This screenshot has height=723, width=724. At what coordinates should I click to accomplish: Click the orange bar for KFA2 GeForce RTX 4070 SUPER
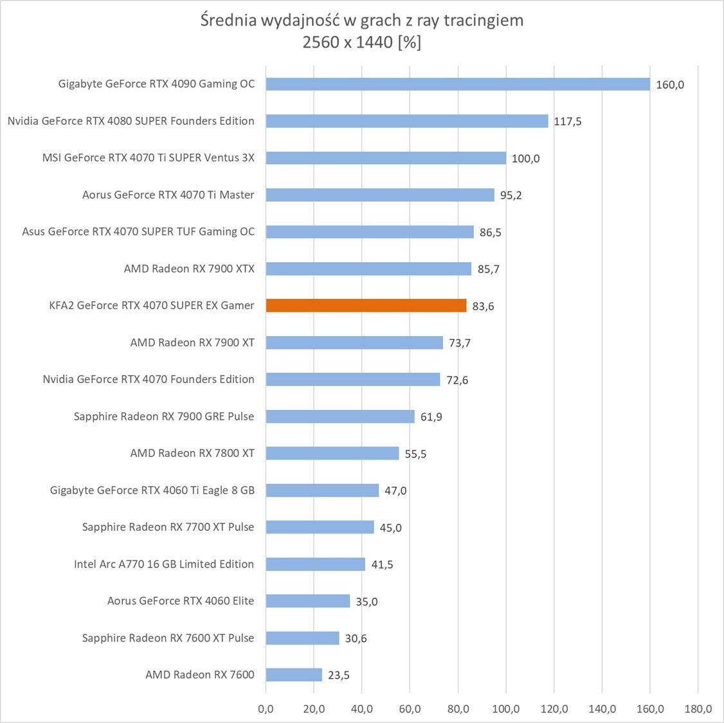[x=366, y=306]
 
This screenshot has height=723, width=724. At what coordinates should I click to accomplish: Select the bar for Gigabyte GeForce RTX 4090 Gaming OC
[x=458, y=84]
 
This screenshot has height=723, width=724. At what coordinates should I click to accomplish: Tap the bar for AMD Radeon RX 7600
[x=294, y=675]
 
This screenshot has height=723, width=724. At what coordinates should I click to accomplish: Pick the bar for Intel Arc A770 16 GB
[x=315, y=564]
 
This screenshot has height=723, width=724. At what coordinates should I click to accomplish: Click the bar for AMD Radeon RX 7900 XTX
[x=368, y=269]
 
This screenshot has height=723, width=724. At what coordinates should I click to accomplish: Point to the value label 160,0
[x=670, y=85]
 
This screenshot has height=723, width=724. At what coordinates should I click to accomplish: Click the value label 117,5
[x=568, y=121]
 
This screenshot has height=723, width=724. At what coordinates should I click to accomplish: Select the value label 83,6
[x=483, y=307]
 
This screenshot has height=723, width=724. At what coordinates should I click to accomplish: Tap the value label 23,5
[x=338, y=675]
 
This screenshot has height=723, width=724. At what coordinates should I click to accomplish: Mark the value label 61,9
[x=431, y=417]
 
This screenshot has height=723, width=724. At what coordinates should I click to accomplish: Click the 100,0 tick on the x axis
[x=506, y=709]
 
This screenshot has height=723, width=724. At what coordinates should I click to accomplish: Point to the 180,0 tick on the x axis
[x=698, y=709]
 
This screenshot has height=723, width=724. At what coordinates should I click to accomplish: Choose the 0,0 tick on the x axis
[x=266, y=709]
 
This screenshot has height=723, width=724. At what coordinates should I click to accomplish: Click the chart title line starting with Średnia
[x=362, y=21]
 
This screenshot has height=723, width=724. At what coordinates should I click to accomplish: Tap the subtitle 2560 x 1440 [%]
[x=362, y=42]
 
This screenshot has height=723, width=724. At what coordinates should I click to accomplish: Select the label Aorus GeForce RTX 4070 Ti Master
[x=168, y=195]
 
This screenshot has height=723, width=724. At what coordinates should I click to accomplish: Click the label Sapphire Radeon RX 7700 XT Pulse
[x=168, y=527]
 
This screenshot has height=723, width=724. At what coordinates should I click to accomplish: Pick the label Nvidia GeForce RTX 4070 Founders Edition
[x=149, y=379]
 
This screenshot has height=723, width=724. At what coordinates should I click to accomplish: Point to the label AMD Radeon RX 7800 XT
[x=192, y=453]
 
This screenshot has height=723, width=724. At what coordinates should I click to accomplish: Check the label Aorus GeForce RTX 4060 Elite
[x=181, y=601]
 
